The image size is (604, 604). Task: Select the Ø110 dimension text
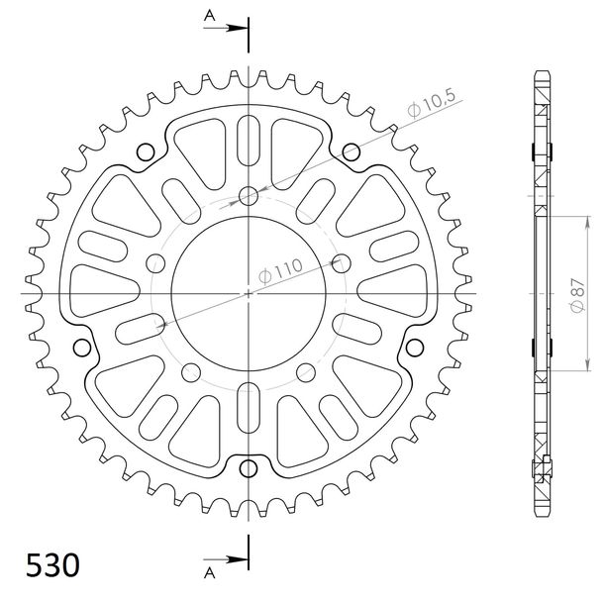[280, 271]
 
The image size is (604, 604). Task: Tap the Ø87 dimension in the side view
[578, 295]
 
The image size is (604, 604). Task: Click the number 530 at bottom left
[52, 565]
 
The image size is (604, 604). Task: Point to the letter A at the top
[209, 16]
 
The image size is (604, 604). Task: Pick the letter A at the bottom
[209, 573]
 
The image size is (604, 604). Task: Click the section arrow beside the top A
[225, 28]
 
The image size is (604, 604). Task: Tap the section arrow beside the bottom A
[225, 558]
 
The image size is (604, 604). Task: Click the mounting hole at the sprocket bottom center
[249, 468]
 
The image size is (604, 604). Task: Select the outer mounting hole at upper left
[146, 152]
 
